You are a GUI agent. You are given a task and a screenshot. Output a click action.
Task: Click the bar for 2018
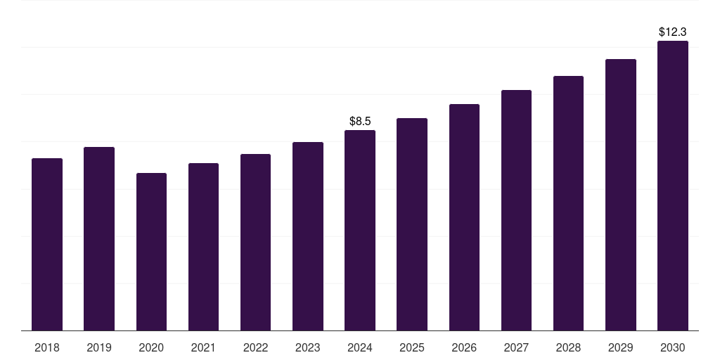pos(47,244)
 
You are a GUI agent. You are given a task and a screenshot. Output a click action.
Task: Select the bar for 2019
pos(99,238)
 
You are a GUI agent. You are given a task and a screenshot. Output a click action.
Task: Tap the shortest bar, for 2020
pos(151,252)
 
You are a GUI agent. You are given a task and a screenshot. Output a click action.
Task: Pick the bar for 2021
pos(203,247)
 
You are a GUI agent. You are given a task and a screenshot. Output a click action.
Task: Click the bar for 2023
pos(308,236)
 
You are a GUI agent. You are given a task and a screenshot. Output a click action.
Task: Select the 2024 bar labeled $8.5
pos(360,230)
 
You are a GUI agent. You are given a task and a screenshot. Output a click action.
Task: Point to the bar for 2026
pos(464,217)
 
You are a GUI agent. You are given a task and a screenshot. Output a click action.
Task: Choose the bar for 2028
pos(568,203)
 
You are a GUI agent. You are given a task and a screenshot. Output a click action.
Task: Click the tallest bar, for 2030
pos(673,186)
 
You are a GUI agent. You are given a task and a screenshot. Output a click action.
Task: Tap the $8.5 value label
pos(360,122)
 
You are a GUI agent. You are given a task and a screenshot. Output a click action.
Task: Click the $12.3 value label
pos(673,32)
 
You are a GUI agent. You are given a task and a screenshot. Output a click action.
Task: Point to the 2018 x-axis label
pos(47,347)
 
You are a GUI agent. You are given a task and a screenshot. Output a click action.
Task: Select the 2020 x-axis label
pos(151,347)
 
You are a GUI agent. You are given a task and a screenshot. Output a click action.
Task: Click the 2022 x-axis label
pos(255,347)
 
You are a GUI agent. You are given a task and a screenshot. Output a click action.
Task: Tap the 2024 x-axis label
pos(360,347)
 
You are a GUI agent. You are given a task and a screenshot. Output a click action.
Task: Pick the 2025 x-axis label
pos(412,347)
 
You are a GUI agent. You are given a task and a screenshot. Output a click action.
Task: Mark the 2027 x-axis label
pos(516,347)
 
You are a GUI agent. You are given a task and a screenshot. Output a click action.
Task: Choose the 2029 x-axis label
pos(621,347)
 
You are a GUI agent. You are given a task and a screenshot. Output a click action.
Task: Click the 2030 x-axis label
pos(673,347)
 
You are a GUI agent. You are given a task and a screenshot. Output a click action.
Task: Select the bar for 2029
pos(621,195)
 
